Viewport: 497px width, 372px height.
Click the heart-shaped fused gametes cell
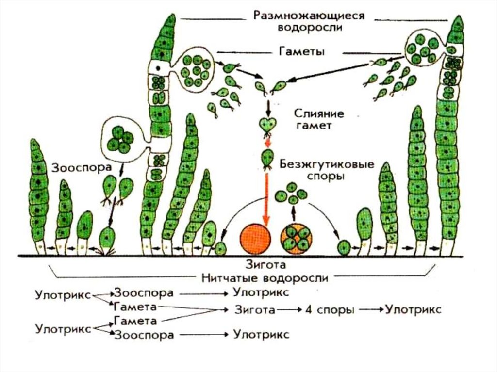(x=266, y=125)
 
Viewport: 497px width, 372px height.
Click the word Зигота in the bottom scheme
(x=255, y=310)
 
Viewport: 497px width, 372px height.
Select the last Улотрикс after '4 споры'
(x=413, y=310)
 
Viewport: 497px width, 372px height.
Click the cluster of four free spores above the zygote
(x=291, y=194)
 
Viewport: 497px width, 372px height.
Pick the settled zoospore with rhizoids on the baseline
(x=108, y=240)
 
